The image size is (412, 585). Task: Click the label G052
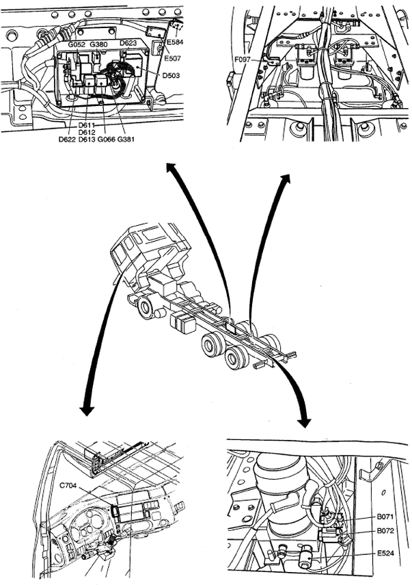click(x=77, y=44)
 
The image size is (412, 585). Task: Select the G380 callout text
click(x=98, y=44)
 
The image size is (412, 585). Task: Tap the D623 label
click(x=128, y=43)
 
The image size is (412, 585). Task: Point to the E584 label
click(x=175, y=42)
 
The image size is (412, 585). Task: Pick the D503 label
click(x=171, y=75)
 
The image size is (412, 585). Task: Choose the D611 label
click(x=87, y=125)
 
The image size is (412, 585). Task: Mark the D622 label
click(x=67, y=140)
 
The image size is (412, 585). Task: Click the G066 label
click(x=107, y=140)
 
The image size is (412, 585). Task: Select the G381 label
click(x=126, y=140)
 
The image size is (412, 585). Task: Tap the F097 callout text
click(x=243, y=60)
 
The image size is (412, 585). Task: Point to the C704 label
click(x=68, y=486)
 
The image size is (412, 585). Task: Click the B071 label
click(x=385, y=517)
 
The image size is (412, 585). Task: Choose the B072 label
click(x=385, y=531)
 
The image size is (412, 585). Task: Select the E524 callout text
click(x=385, y=554)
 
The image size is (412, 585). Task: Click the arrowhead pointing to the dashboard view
click(x=87, y=411)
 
